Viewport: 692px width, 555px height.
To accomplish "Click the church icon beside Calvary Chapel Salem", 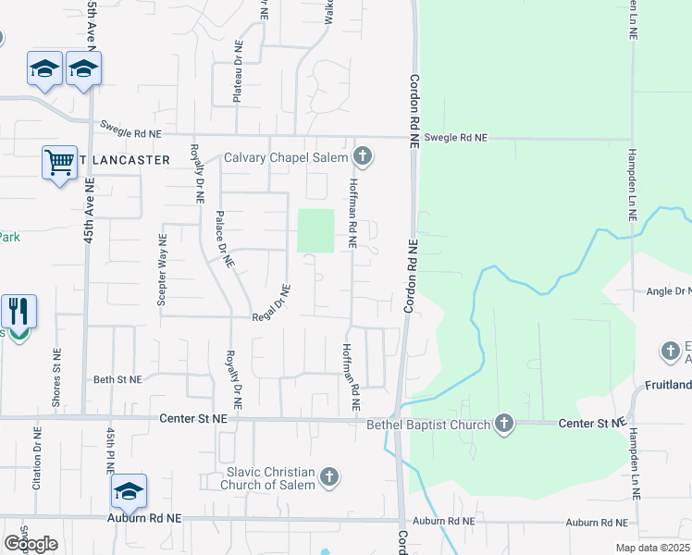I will (x=364, y=157).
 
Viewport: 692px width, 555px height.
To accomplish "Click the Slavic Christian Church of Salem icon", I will (x=328, y=478).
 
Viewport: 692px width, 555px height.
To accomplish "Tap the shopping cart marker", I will (x=59, y=164).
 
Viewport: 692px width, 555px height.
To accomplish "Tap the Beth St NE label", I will (x=117, y=379).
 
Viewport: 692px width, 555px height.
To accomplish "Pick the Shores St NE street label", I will (x=57, y=379).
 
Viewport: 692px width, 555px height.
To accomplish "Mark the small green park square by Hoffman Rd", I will (x=315, y=230).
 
